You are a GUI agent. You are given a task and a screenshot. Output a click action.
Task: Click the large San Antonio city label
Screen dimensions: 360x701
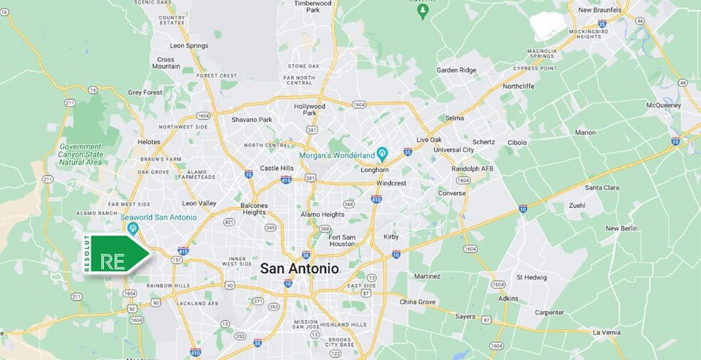pos(299,269)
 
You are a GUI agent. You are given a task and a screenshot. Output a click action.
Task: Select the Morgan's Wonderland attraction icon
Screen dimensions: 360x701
pos(382,153)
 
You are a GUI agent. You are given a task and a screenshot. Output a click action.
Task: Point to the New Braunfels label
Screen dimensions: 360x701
pos(600,10)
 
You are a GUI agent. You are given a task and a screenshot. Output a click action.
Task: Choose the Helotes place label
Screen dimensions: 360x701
pos(148,142)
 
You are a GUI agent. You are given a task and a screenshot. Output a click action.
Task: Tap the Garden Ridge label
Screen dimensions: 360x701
pos(457,70)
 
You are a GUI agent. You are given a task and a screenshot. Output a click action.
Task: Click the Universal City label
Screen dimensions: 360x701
pos(452,150)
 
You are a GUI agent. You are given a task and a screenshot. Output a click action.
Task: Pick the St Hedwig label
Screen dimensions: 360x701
pos(531,277)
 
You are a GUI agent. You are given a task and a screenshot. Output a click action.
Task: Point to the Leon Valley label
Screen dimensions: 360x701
pos(199,203)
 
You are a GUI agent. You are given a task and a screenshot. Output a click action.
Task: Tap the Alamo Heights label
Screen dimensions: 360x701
pos(322,214)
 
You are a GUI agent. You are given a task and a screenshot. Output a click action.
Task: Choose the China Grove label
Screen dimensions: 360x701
pos(417,302)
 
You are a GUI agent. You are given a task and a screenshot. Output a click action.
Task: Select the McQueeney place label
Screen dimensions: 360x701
pos(663,105)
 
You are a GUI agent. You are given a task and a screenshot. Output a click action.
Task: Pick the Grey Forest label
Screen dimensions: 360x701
pos(145,93)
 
